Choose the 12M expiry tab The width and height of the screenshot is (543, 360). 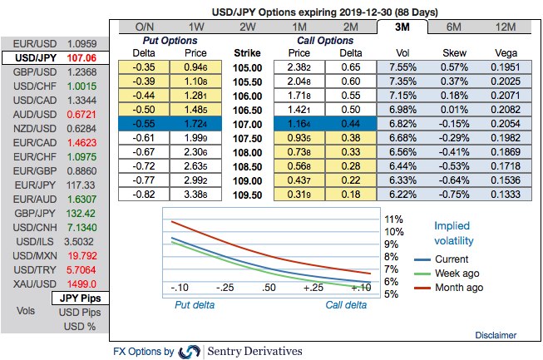pos(504,27)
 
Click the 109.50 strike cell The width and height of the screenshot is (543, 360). pos(248,194)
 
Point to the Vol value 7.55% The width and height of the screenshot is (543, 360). pos(401,67)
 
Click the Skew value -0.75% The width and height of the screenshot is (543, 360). pos(455,194)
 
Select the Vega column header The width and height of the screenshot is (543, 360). pos(504,52)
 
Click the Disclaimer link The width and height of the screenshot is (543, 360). pos(496,334)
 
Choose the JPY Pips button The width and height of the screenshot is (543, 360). pos(79,297)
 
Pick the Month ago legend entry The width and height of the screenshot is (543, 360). pos(457,288)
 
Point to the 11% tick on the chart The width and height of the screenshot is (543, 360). pos(392,219)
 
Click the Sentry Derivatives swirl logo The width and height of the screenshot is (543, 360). pos(190,352)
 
